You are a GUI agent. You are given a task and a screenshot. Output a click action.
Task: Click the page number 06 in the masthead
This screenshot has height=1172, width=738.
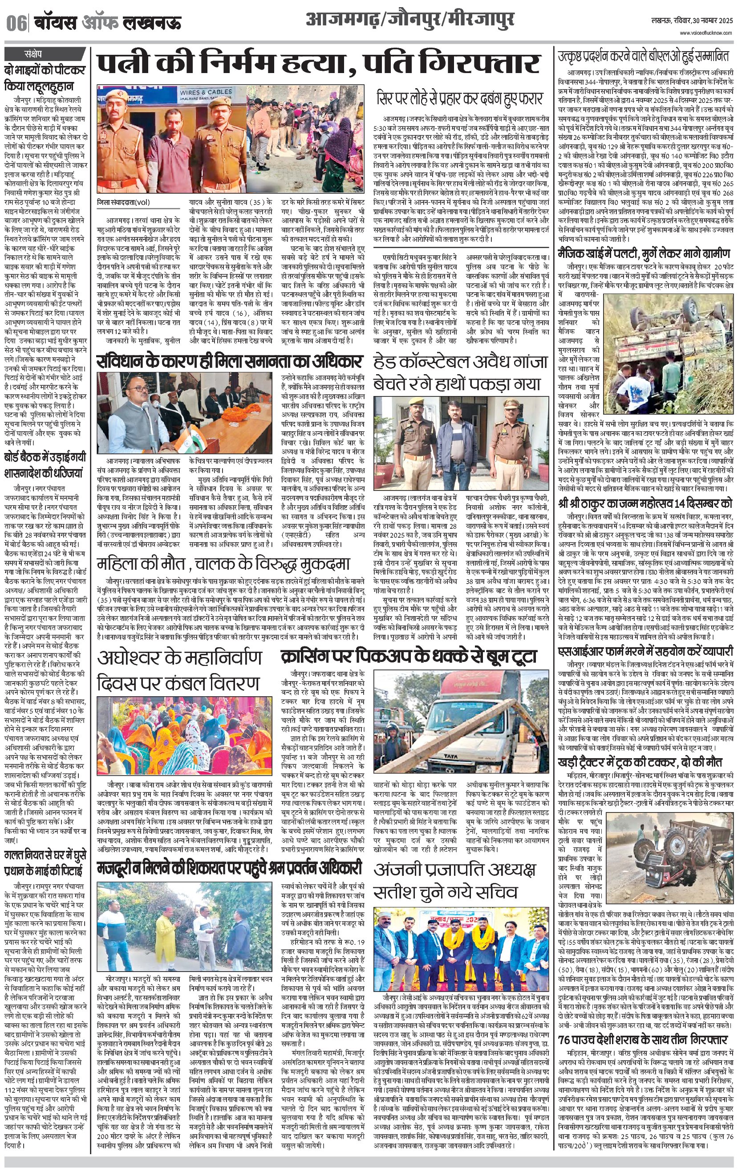coord(16,23)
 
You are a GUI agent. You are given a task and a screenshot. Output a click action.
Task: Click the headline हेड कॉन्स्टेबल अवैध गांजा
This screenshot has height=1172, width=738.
coord(460,362)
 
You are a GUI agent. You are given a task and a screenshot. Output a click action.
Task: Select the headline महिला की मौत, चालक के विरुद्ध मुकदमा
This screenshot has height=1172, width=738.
coord(223,564)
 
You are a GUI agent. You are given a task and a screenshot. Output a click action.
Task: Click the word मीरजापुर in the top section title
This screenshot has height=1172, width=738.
coord(480,20)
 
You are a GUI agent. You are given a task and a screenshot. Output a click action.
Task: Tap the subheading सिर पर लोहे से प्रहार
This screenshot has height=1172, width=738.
coord(459,99)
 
